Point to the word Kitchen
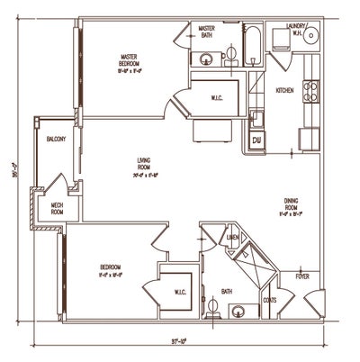click(x=284, y=90)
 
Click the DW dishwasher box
click(x=256, y=140)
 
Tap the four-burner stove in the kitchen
click(x=311, y=91)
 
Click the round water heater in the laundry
click(x=311, y=37)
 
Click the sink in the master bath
click(x=206, y=60)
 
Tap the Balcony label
click(x=51, y=140)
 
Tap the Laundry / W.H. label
click(x=296, y=30)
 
